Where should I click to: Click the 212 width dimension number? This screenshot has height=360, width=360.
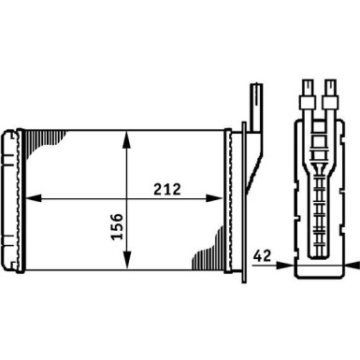(168, 188)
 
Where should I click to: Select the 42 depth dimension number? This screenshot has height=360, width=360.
(265, 254)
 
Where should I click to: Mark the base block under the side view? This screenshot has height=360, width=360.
(319, 270)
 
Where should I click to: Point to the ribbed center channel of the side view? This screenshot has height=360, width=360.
(319, 187)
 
